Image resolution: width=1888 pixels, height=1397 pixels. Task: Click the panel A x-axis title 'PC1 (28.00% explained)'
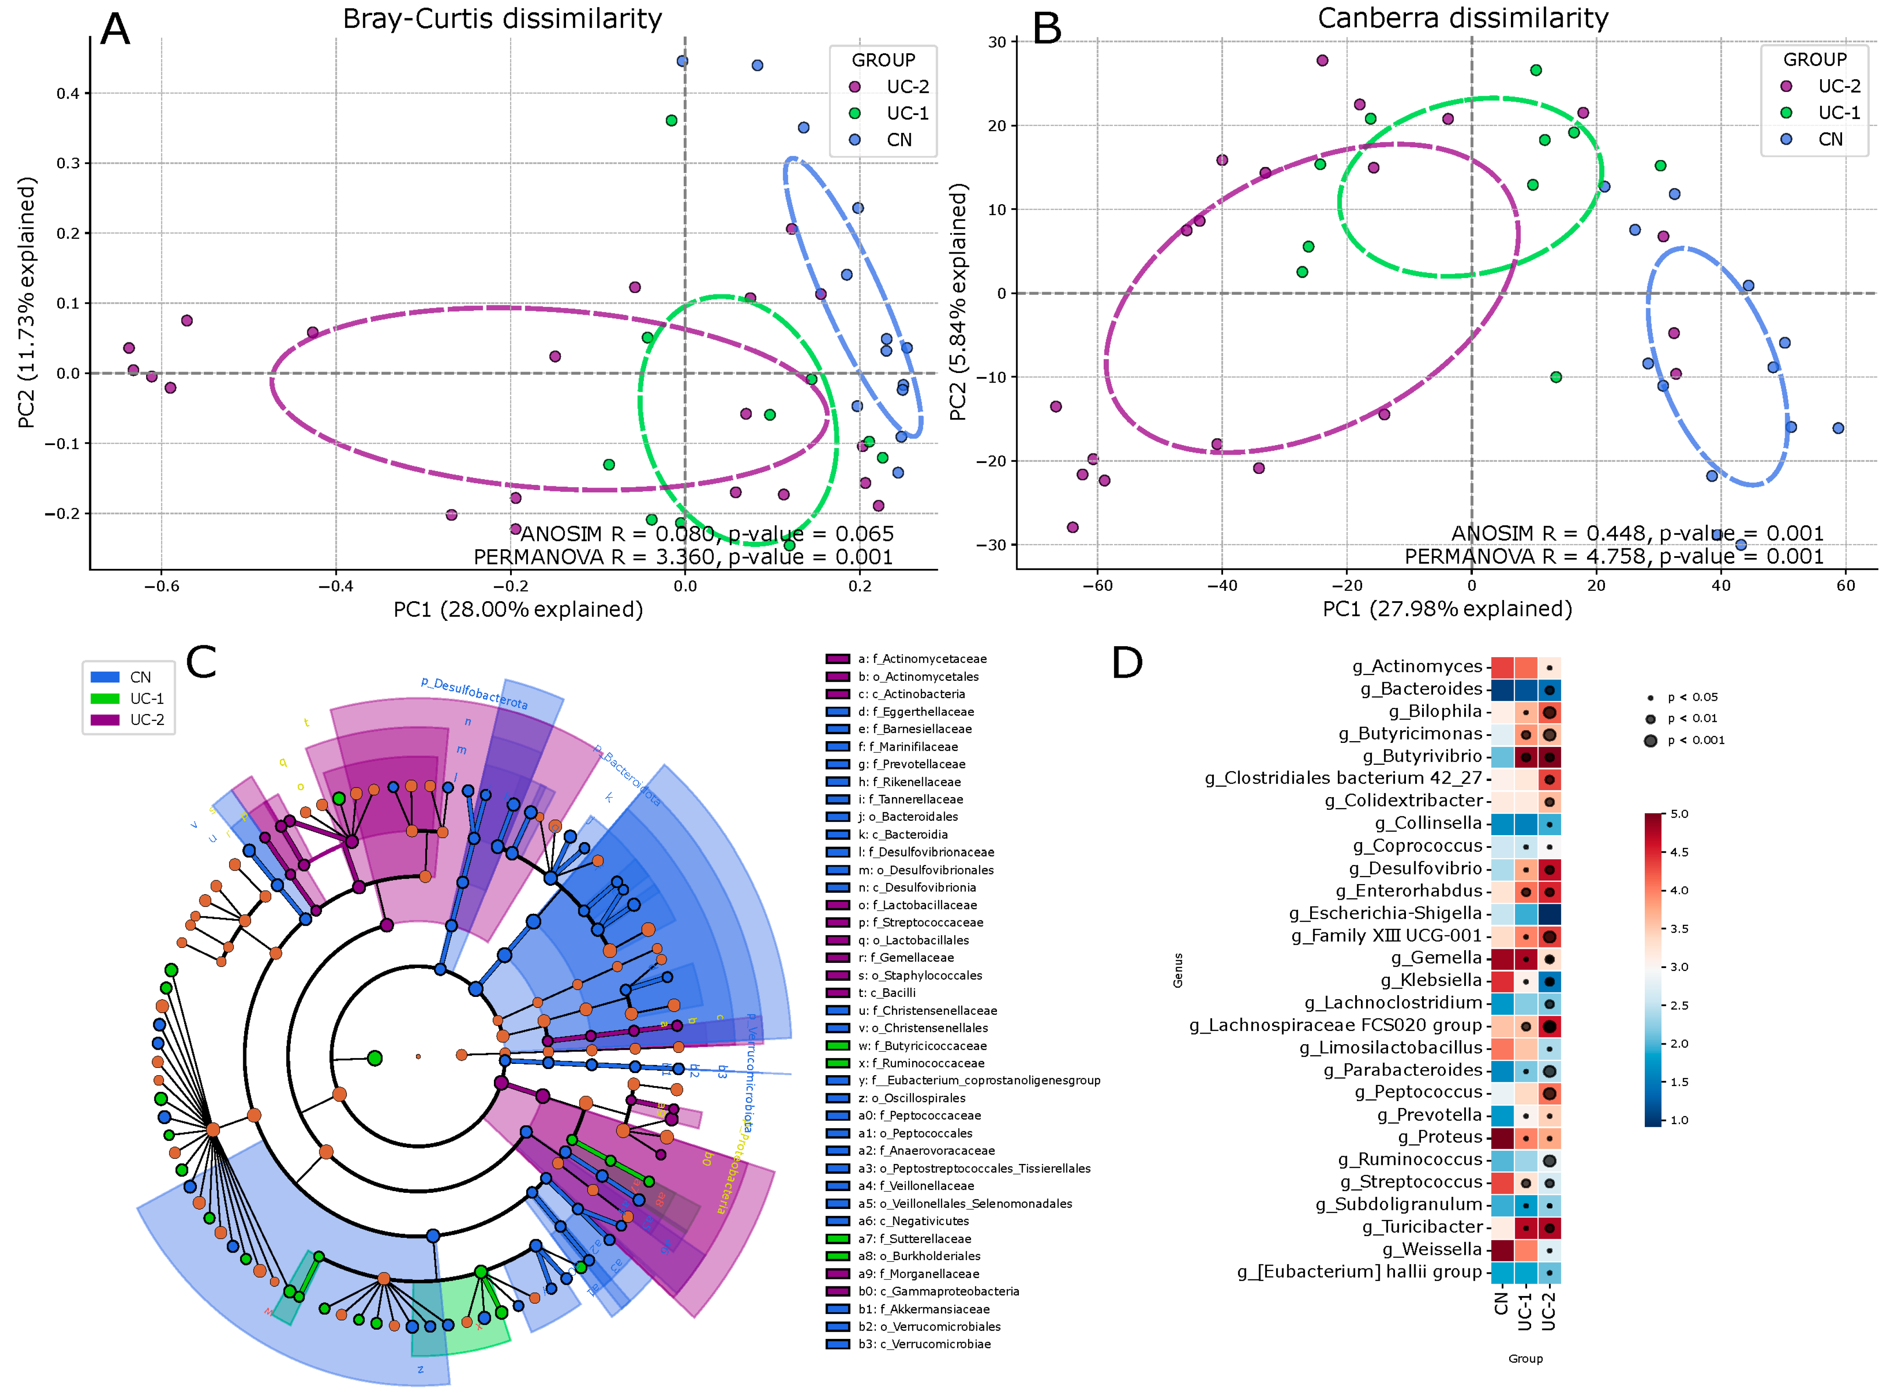[x=517, y=610]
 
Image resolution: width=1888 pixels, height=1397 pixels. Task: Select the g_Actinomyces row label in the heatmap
[x=1417, y=666]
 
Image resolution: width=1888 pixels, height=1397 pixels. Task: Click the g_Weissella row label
[x=1432, y=1249]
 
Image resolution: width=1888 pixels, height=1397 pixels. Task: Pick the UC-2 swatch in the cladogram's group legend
[x=105, y=720]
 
